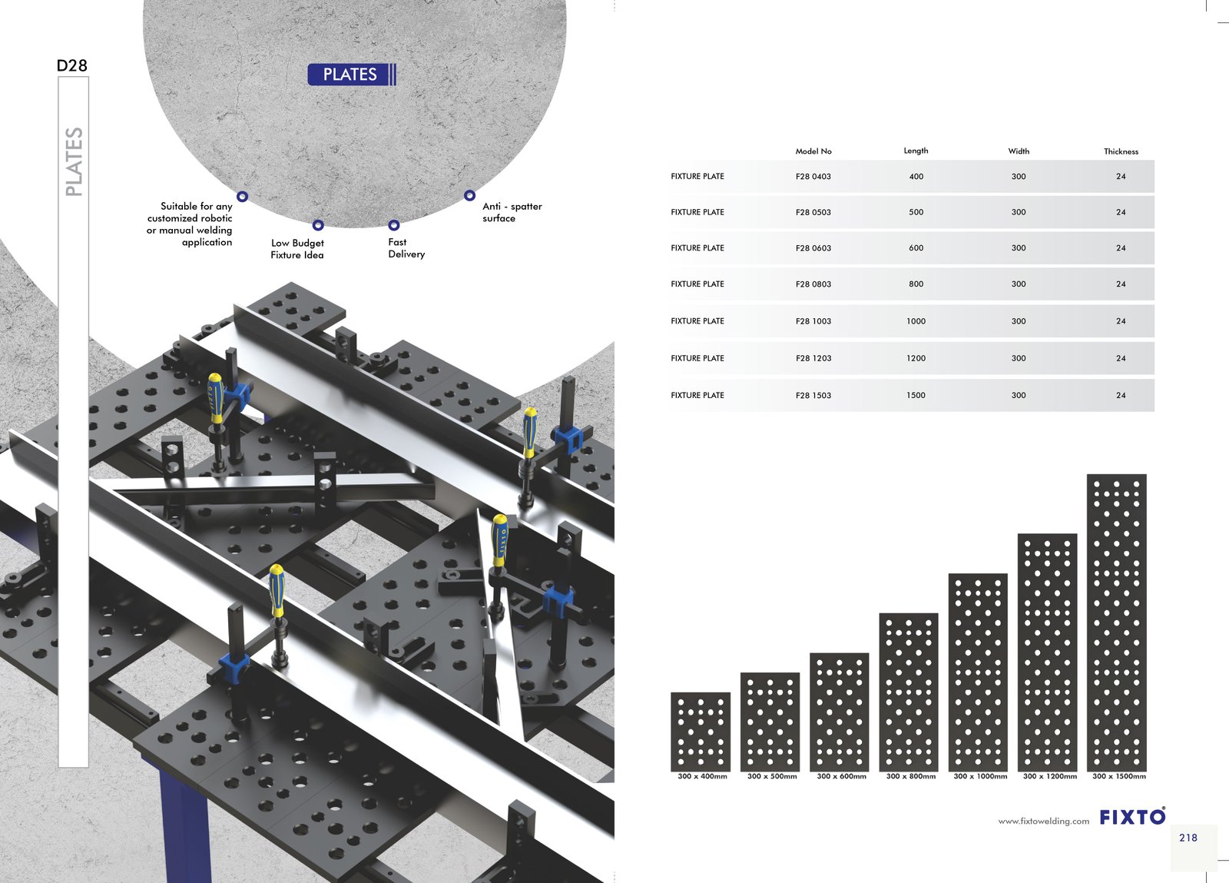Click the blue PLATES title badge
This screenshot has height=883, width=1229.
click(352, 74)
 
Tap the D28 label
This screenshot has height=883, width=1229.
click(72, 66)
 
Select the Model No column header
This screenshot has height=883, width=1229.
click(813, 151)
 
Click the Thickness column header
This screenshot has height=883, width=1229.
click(1121, 151)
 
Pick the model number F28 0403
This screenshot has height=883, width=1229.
click(813, 176)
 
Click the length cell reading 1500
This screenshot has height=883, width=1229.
click(916, 395)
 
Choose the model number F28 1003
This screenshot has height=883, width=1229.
click(813, 321)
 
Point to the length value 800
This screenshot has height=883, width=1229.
click(916, 284)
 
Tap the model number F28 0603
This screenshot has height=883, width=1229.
click(813, 248)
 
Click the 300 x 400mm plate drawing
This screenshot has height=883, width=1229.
click(701, 732)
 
